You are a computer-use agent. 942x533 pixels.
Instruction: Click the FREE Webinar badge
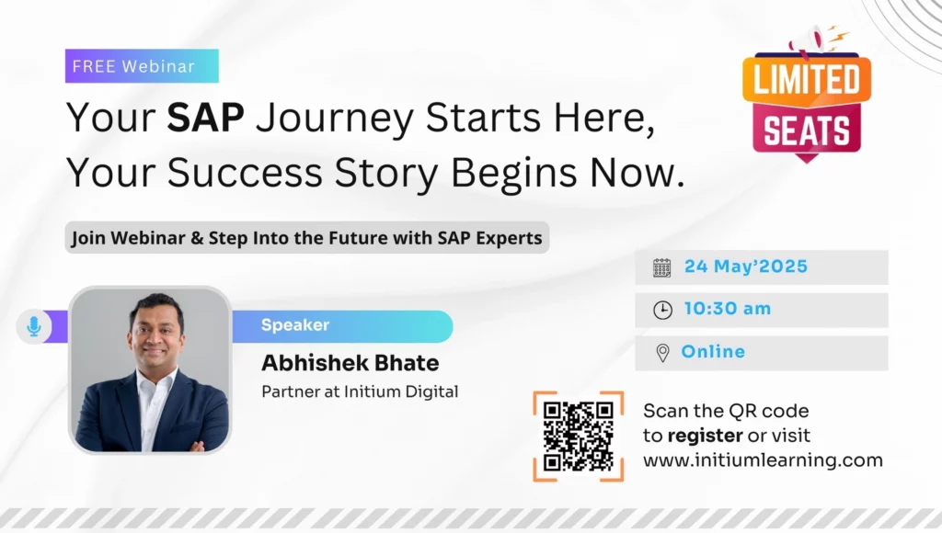pyautogui.click(x=142, y=66)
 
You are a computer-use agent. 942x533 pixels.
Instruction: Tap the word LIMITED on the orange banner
pyautogui.click(x=807, y=82)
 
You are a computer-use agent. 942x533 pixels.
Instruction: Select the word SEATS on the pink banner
pyautogui.click(x=807, y=131)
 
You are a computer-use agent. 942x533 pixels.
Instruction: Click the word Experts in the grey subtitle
pyautogui.click(x=506, y=239)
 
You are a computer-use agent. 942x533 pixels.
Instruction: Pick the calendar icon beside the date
pyautogui.click(x=662, y=267)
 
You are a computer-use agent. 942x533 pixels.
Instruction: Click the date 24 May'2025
pyautogui.click(x=746, y=267)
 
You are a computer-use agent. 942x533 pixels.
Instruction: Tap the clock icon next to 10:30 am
pyautogui.click(x=662, y=310)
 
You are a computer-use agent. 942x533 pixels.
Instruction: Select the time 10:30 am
pyautogui.click(x=728, y=310)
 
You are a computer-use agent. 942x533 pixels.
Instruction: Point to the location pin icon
pyautogui.click(x=662, y=353)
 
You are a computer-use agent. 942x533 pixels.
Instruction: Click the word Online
pyautogui.click(x=713, y=352)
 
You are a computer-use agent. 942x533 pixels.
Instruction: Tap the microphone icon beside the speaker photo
pyautogui.click(x=34, y=326)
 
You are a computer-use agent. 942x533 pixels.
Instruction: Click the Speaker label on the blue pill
pyautogui.click(x=295, y=325)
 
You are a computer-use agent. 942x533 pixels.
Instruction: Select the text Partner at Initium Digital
pyautogui.click(x=360, y=391)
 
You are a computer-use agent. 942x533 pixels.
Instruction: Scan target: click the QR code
pyautogui.click(x=578, y=436)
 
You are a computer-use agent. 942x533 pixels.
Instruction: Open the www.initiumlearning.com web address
pyautogui.click(x=763, y=460)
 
